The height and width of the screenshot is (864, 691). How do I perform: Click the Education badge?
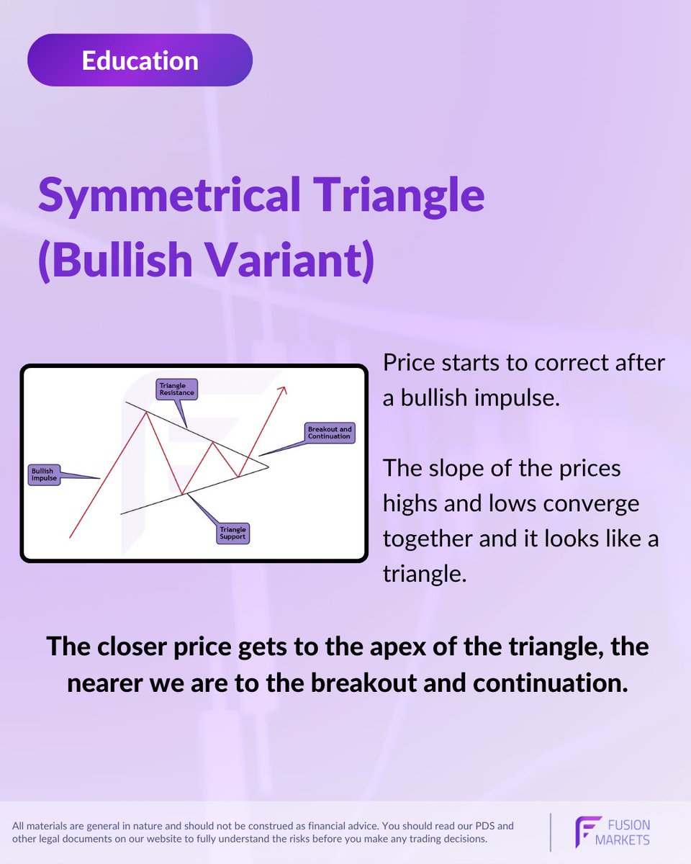140,60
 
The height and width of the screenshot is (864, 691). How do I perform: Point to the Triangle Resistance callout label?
176,390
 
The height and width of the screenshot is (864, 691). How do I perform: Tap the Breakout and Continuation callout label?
329,433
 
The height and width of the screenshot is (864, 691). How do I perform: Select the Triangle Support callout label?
233,533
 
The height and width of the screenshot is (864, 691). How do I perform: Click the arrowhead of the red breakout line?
284,390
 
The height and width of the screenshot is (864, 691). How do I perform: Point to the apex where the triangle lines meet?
268,467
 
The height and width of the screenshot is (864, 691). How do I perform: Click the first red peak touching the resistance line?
148,411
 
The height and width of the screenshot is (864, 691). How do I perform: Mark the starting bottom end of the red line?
70,537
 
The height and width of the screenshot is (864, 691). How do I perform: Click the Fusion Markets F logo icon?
587,832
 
